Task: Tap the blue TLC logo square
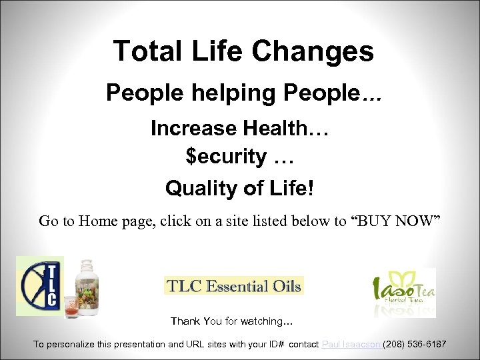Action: [40, 286]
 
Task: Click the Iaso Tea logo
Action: [403, 292]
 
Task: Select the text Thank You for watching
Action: [231, 321]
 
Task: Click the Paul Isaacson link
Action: [351, 344]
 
